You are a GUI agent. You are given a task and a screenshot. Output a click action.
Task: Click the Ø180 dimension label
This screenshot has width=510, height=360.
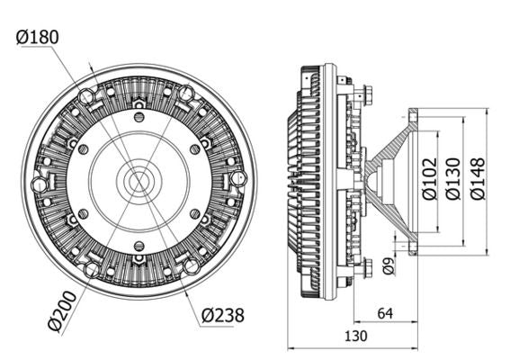click(x=38, y=37)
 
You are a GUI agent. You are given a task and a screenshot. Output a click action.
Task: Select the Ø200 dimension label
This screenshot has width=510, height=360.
click(x=62, y=311)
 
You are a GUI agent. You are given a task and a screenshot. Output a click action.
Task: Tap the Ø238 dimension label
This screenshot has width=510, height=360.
click(x=223, y=315)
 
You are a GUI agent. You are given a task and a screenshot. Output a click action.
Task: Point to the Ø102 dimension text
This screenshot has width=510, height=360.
click(x=430, y=178)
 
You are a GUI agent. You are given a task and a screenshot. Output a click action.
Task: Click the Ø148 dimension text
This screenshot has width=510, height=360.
click(x=478, y=178)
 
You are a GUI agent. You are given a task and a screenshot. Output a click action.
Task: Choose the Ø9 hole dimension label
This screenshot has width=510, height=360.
click(x=388, y=265)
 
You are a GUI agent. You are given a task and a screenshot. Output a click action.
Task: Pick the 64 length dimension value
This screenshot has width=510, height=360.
click(x=386, y=313)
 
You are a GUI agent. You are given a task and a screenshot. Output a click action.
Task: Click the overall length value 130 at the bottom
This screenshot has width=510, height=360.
click(x=356, y=336)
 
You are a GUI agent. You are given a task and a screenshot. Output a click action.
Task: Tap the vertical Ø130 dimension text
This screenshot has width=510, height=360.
click(x=453, y=178)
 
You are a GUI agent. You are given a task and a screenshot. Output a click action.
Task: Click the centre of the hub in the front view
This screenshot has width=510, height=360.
click(x=139, y=180)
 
